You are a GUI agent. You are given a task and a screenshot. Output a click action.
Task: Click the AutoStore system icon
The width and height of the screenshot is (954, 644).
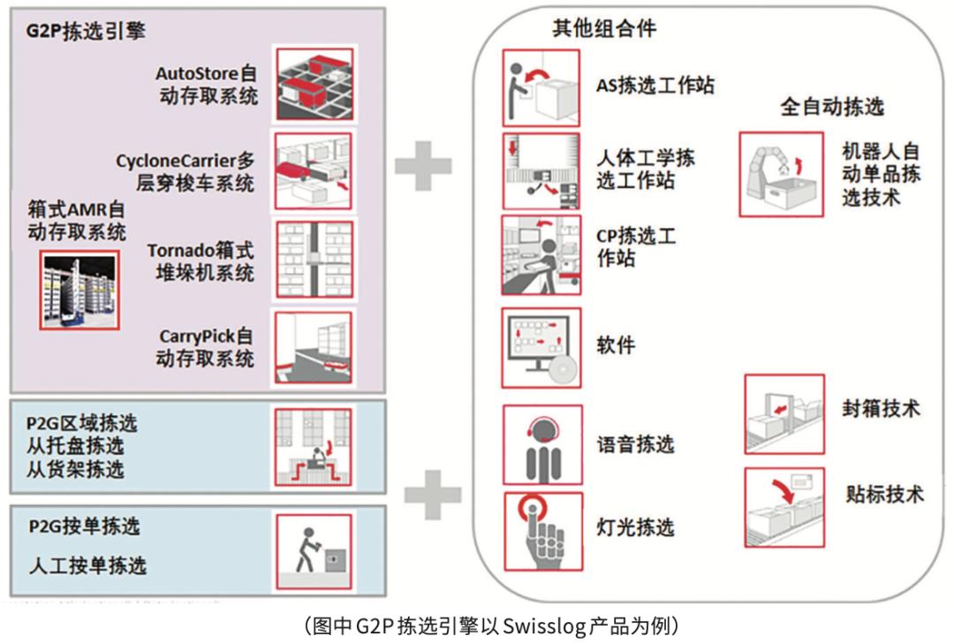(x=314, y=84)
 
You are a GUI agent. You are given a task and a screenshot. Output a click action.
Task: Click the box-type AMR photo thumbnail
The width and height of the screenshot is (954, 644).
(x=78, y=289)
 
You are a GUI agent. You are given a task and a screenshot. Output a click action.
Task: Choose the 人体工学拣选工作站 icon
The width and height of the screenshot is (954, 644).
(x=541, y=170)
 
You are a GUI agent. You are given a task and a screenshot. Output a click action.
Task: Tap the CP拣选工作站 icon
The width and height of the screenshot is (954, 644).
(x=541, y=255)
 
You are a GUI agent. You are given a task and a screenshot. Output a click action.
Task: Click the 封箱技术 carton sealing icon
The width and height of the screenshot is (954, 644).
(x=784, y=413)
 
